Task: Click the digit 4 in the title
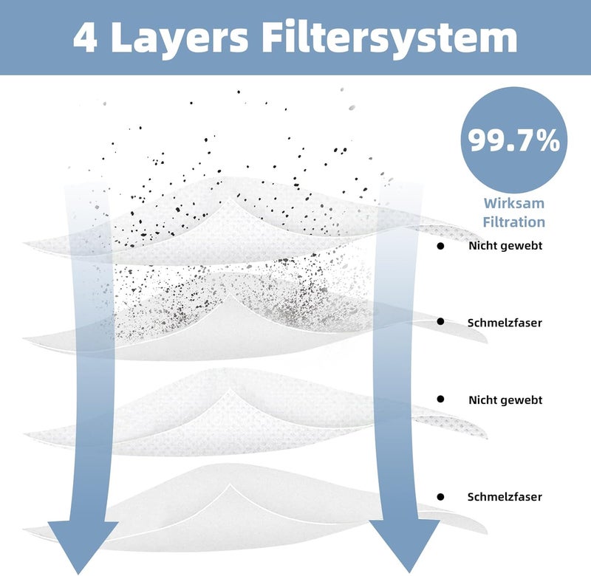[x=86, y=38]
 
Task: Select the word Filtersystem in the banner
[x=389, y=39]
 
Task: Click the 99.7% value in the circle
[x=514, y=140]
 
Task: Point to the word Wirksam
[x=514, y=203]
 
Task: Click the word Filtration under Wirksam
[x=514, y=222]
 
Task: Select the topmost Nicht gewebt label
[x=505, y=246]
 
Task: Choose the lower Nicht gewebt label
[x=505, y=400]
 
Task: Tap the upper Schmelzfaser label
[x=505, y=323]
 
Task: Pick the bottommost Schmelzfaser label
[x=505, y=496]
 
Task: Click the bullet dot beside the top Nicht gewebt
[x=440, y=246]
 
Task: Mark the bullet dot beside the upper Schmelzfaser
[x=440, y=321]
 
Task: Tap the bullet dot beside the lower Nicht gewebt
[x=440, y=399]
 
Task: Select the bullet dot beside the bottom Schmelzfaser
[x=440, y=497]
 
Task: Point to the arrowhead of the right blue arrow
[x=405, y=546]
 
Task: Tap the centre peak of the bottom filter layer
[x=229, y=485]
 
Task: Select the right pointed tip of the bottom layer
[x=487, y=532]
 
